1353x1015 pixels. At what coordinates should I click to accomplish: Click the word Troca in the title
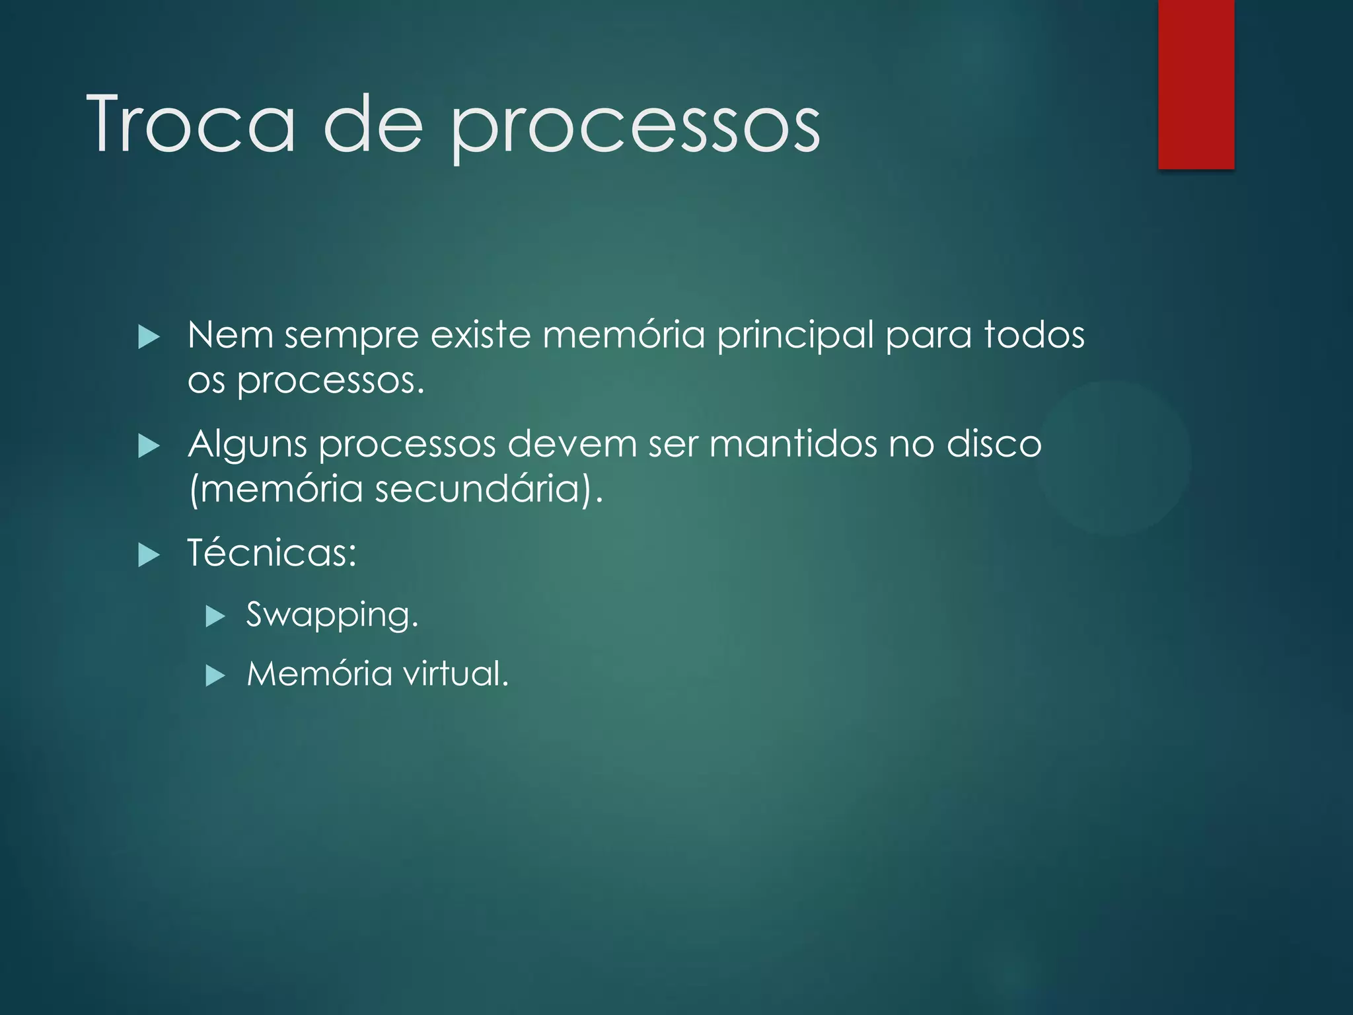point(191,124)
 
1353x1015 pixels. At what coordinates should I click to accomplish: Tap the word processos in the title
point(635,129)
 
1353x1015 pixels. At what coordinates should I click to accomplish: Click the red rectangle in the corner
point(1196,84)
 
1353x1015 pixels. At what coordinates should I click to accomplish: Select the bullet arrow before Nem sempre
point(149,338)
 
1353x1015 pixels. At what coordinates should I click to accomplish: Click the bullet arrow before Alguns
point(149,447)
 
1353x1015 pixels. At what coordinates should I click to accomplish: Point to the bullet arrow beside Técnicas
point(149,555)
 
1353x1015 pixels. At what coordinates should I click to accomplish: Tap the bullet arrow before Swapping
point(215,617)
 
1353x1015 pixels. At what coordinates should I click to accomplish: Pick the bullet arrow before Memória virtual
point(215,676)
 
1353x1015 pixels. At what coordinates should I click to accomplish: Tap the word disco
point(994,444)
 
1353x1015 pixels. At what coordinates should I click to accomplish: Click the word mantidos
point(793,444)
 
